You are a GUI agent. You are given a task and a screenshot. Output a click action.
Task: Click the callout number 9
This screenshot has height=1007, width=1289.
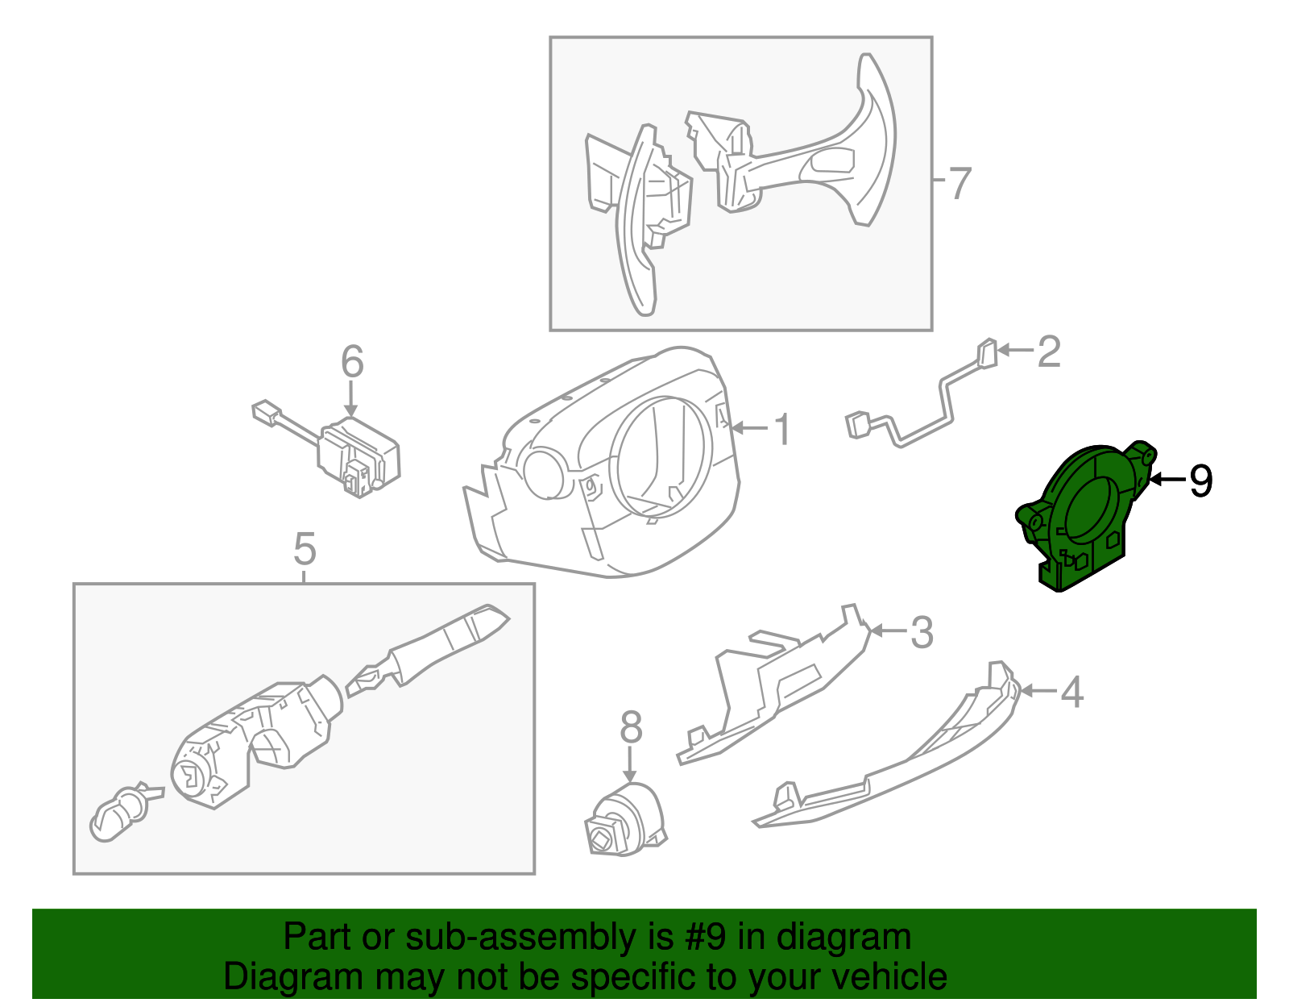pos(1200,481)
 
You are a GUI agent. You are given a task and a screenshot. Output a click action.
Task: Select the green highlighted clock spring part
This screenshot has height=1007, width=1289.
pos(1084,516)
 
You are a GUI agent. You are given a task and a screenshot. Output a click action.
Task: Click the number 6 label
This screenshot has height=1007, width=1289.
pos(352,362)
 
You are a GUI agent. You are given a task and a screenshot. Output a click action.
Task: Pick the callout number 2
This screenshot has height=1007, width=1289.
pos(1048,352)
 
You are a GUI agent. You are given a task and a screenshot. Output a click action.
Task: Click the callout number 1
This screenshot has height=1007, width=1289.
pos(783,430)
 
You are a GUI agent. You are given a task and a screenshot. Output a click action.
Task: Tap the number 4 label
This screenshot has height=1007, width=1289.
pos(1071,692)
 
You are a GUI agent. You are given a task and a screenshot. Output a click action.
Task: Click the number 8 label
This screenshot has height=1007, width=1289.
pos(631,727)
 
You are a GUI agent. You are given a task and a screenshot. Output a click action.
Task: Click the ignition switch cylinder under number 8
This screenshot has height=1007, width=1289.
pos(626,821)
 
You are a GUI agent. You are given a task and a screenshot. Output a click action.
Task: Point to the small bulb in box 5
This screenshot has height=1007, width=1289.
pos(119,812)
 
